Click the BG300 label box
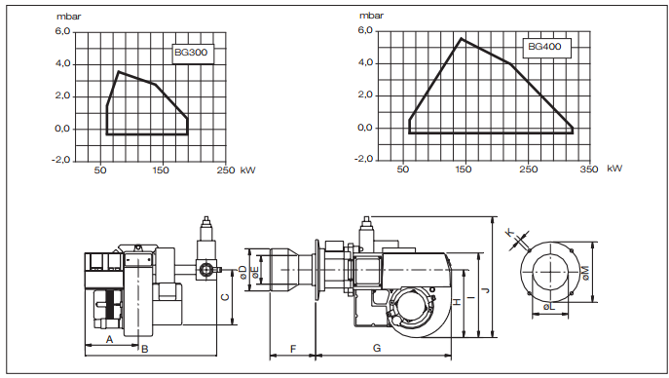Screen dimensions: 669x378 click(193, 54)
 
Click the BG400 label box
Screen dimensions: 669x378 click(547, 48)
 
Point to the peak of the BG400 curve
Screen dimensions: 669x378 click(462, 38)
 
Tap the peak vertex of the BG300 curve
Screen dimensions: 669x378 click(119, 72)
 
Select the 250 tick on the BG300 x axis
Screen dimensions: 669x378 click(226, 170)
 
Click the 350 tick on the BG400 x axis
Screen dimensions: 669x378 click(589, 169)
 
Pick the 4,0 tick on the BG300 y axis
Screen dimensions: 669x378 click(62, 64)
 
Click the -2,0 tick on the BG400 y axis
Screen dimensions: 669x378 click(363, 159)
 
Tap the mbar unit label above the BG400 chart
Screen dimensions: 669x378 click(371, 16)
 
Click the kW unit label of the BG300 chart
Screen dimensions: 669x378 click(248, 170)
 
